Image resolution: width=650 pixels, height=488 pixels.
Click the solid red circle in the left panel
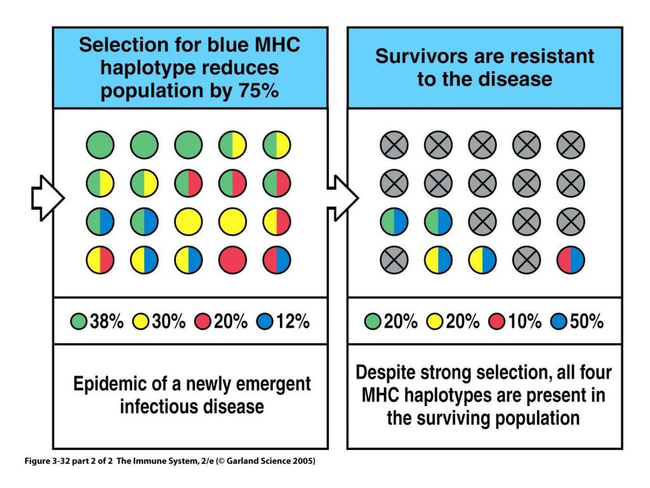point(232,260)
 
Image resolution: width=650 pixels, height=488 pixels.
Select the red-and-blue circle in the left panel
point(277,260)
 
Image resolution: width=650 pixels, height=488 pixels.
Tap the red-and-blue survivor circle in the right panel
point(571,260)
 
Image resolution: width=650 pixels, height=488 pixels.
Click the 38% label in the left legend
point(107,322)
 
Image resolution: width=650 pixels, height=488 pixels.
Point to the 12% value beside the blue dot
point(293,322)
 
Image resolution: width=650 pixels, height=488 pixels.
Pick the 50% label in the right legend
point(587,322)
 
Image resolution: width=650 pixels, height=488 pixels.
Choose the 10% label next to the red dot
point(525,322)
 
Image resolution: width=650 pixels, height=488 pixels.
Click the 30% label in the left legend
point(169,322)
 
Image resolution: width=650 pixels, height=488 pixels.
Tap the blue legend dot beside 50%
point(559,322)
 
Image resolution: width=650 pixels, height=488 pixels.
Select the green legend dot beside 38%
point(78,322)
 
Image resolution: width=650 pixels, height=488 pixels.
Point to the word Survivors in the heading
point(421,56)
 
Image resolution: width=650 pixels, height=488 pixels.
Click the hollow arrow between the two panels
point(343,198)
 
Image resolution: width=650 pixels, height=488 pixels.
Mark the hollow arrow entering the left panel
point(48,198)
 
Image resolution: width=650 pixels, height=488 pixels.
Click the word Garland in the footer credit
point(242,461)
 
